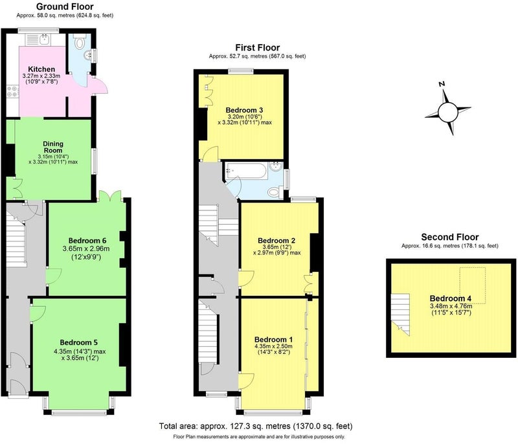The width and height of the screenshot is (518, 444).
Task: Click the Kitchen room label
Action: click(x=41, y=69)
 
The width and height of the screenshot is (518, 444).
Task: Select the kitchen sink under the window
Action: click(x=45, y=39)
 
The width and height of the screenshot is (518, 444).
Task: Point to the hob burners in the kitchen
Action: click(x=12, y=91)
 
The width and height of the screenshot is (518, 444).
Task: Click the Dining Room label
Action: click(x=53, y=147)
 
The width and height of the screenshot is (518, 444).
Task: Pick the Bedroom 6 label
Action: click(x=87, y=241)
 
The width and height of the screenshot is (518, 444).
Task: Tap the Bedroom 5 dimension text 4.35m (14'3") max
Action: click(x=80, y=351)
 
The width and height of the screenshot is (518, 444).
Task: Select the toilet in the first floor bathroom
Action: click(x=275, y=192)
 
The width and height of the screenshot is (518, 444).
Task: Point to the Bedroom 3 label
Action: click(x=245, y=110)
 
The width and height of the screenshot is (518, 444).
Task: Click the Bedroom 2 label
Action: click(x=276, y=241)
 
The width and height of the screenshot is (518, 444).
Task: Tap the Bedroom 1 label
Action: click(x=273, y=339)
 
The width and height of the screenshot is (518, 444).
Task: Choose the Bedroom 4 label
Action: click(x=451, y=298)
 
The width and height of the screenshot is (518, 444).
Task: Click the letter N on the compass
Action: click(x=442, y=84)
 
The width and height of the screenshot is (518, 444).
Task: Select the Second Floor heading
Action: click(x=449, y=237)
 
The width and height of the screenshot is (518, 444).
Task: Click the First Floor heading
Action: click(x=257, y=47)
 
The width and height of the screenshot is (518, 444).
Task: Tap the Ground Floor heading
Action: click(x=65, y=6)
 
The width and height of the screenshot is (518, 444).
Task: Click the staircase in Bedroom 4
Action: click(x=400, y=315)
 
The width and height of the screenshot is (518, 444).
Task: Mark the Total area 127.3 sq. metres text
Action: click(x=256, y=426)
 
